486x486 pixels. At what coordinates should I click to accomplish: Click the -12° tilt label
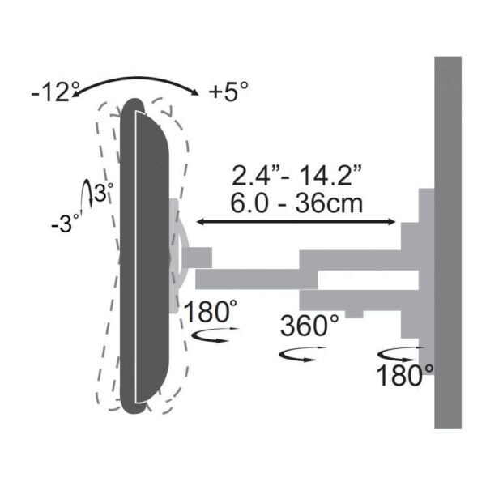54,92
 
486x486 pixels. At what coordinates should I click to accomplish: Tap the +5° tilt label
228,92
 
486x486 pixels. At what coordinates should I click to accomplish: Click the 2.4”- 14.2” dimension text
296,176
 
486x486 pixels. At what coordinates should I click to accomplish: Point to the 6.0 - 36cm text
296,203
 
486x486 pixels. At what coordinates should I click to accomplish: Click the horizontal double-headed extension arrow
296,222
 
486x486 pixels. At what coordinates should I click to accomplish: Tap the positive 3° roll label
103,193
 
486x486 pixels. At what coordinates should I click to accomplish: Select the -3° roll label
65,223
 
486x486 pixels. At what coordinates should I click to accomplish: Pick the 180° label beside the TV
211,312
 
